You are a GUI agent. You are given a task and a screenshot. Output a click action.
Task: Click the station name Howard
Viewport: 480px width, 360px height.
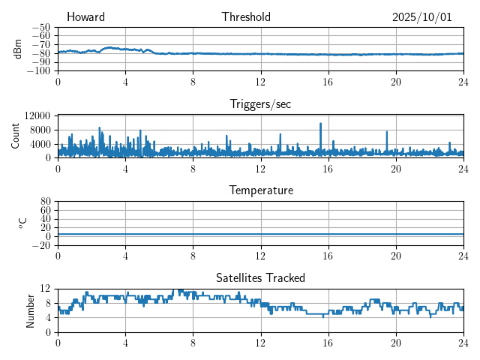click(x=85, y=17)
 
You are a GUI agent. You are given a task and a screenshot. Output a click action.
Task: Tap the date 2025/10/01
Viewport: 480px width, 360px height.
click(x=421, y=17)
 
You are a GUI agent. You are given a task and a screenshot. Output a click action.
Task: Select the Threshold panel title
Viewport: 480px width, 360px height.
click(x=246, y=17)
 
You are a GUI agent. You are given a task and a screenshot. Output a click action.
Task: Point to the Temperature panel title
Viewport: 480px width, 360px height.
click(x=260, y=190)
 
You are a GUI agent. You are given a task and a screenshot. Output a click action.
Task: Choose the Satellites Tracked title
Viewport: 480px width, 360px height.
click(x=260, y=277)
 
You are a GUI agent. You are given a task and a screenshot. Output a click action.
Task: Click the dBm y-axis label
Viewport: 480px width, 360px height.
click(x=17, y=49)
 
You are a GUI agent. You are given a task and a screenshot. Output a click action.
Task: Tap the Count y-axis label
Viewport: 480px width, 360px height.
click(x=16, y=136)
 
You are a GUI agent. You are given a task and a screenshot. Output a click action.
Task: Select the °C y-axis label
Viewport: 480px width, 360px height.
click(x=22, y=223)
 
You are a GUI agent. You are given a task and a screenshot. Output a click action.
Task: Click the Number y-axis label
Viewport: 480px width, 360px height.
click(x=30, y=310)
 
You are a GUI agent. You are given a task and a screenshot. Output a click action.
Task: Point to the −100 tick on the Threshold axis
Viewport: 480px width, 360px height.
click(x=39, y=71)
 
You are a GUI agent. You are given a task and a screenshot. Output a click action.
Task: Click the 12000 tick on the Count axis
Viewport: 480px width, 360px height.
click(x=37, y=115)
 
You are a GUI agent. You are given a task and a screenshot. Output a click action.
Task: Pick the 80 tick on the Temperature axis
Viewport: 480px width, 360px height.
click(x=45, y=202)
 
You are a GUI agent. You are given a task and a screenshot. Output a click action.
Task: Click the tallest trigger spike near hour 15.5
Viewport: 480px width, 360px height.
click(x=320, y=124)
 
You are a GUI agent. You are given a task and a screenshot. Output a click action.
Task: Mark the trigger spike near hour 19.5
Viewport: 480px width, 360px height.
click(x=387, y=132)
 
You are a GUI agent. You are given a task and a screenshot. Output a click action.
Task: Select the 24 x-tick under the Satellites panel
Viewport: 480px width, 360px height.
click(x=463, y=342)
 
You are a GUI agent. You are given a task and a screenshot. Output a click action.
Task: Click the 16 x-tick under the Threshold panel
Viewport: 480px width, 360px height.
click(x=328, y=82)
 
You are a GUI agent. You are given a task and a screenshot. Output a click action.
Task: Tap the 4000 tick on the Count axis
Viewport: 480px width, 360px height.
click(x=40, y=144)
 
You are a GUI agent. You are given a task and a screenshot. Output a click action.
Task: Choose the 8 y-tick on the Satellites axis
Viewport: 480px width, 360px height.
click(x=46, y=303)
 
